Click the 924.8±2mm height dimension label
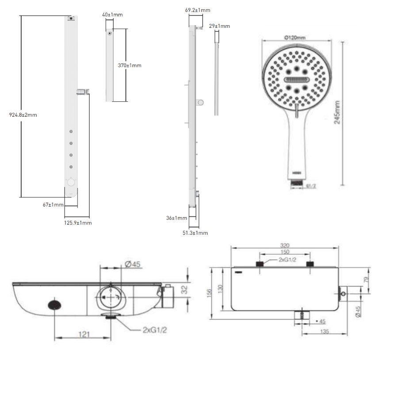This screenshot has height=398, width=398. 23,115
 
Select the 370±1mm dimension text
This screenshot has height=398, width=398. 130,65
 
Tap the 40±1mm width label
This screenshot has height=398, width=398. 112,15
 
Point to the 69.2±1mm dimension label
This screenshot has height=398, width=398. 198,10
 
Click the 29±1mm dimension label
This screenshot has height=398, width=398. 219,26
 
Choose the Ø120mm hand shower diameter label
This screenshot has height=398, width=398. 295,38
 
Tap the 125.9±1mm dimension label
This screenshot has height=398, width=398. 78,223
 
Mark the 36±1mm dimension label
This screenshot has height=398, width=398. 176,218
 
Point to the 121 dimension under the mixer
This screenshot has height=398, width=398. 83,335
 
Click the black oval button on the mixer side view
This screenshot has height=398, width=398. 55,305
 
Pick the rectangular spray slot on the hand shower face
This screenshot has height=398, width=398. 295,80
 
